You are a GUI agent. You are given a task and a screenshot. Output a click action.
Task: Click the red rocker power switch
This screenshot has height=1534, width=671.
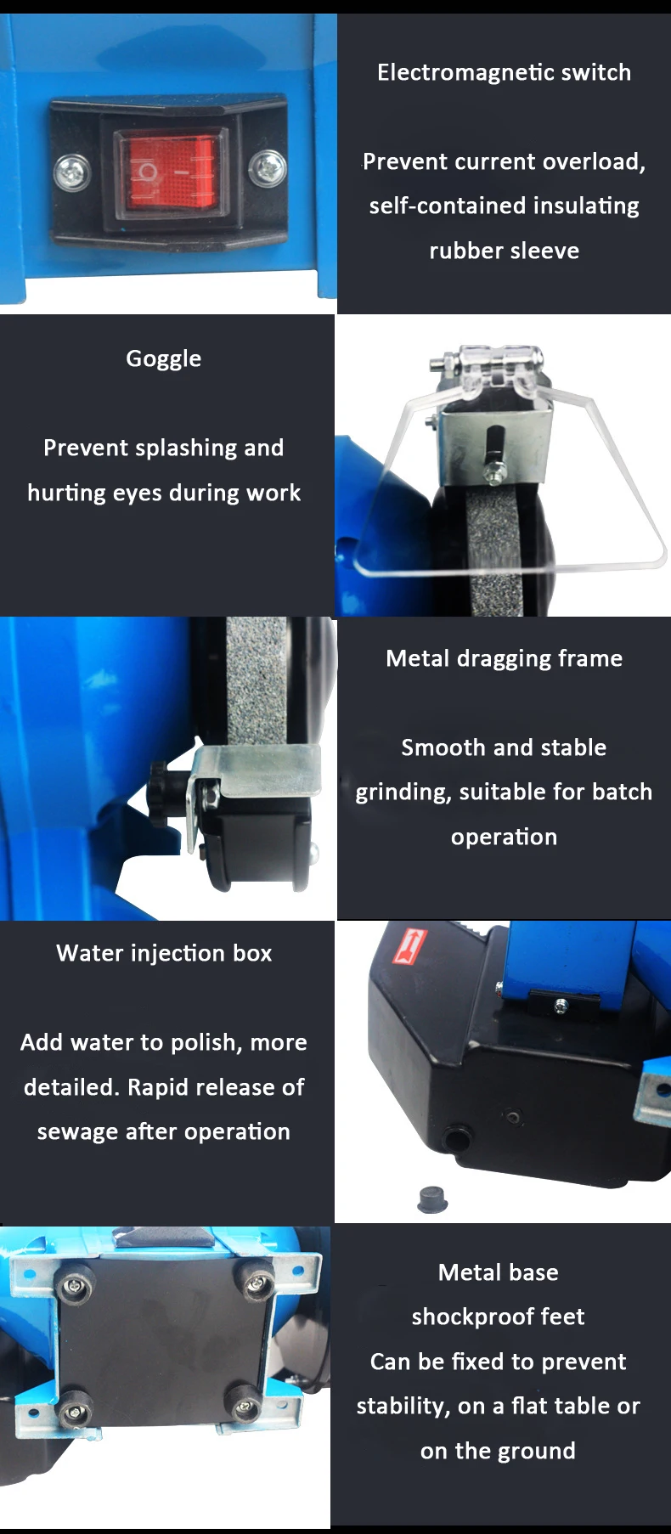[x=172, y=172]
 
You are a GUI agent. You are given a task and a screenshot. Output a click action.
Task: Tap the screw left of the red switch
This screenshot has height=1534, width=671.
[x=71, y=172]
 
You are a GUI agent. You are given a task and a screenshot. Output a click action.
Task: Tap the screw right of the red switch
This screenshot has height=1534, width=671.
[x=268, y=168]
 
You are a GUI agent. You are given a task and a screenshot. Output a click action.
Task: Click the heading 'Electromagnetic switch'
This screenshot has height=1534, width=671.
[x=505, y=72]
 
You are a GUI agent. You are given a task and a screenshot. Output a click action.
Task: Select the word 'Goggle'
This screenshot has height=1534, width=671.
[x=164, y=359]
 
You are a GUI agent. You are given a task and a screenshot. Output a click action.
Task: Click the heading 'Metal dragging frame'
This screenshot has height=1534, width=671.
[x=505, y=659]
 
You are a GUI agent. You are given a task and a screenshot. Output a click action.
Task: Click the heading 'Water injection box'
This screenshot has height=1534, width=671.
[x=164, y=954]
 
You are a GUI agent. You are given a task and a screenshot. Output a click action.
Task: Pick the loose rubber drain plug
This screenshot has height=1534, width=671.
[x=433, y=1198]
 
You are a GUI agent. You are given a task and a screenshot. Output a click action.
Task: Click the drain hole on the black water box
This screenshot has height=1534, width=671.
[x=459, y=1136]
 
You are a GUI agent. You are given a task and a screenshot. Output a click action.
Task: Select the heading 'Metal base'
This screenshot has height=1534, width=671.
[x=499, y=1272]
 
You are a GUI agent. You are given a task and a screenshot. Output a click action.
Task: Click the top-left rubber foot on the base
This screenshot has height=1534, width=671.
[x=76, y=1285]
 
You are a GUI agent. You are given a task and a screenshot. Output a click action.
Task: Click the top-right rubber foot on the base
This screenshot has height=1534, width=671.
[x=256, y=1281]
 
